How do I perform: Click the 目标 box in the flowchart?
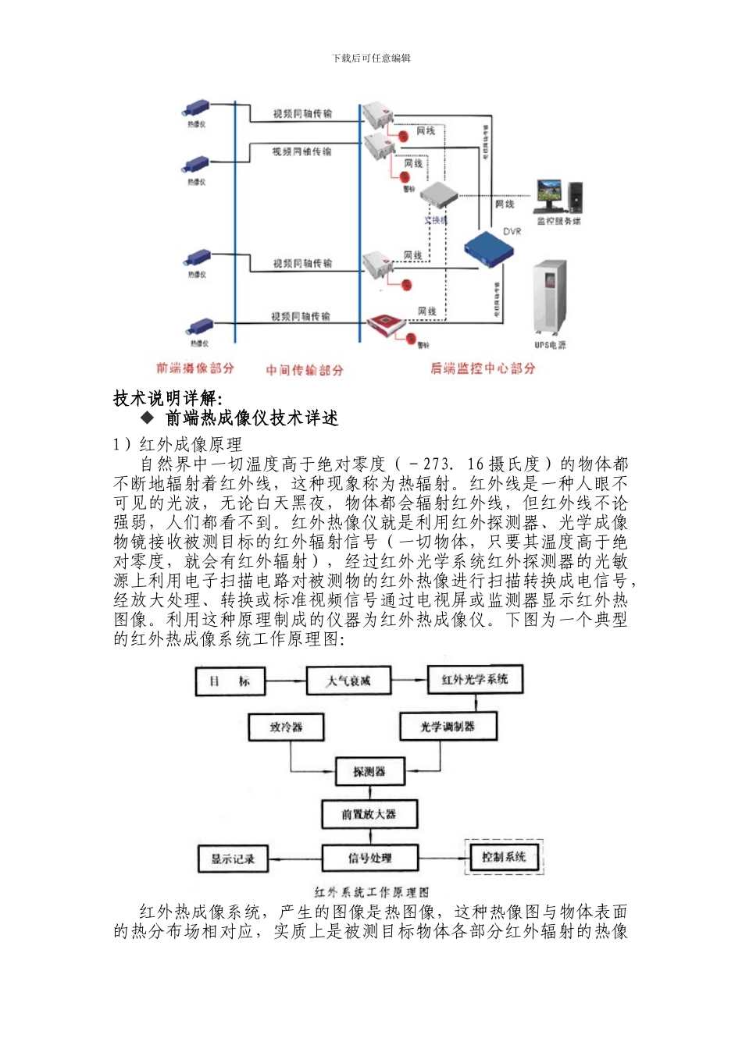click(230, 681)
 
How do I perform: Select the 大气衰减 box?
click(348, 681)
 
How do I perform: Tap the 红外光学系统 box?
click(474, 679)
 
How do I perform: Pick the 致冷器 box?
click(286, 727)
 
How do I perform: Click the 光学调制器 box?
click(448, 727)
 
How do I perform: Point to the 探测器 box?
click(369, 771)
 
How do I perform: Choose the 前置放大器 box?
click(369, 814)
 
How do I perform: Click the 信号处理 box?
click(369, 859)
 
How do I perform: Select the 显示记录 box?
click(233, 859)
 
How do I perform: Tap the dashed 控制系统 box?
click(503, 857)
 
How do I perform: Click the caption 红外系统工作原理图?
click(371, 891)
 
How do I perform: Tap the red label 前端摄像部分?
click(194, 368)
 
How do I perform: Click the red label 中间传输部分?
click(304, 370)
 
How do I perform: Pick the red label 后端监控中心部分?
click(483, 368)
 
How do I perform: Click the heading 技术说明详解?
click(168, 398)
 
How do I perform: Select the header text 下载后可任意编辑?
click(371, 58)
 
